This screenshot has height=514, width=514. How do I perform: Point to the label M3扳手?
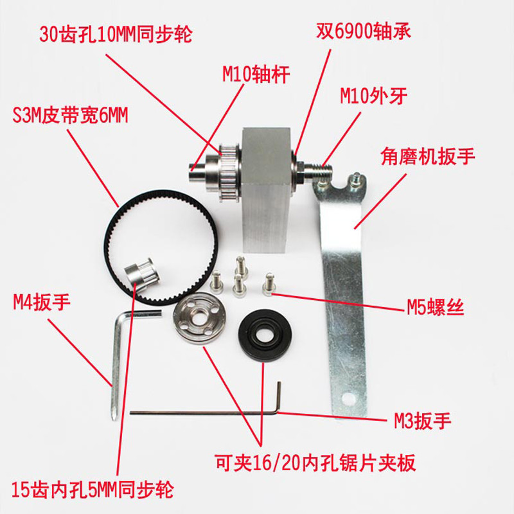(x=423, y=421)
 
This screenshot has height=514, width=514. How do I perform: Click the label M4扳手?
(x=41, y=300)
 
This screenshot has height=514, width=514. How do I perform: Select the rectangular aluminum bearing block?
(x=265, y=193)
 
